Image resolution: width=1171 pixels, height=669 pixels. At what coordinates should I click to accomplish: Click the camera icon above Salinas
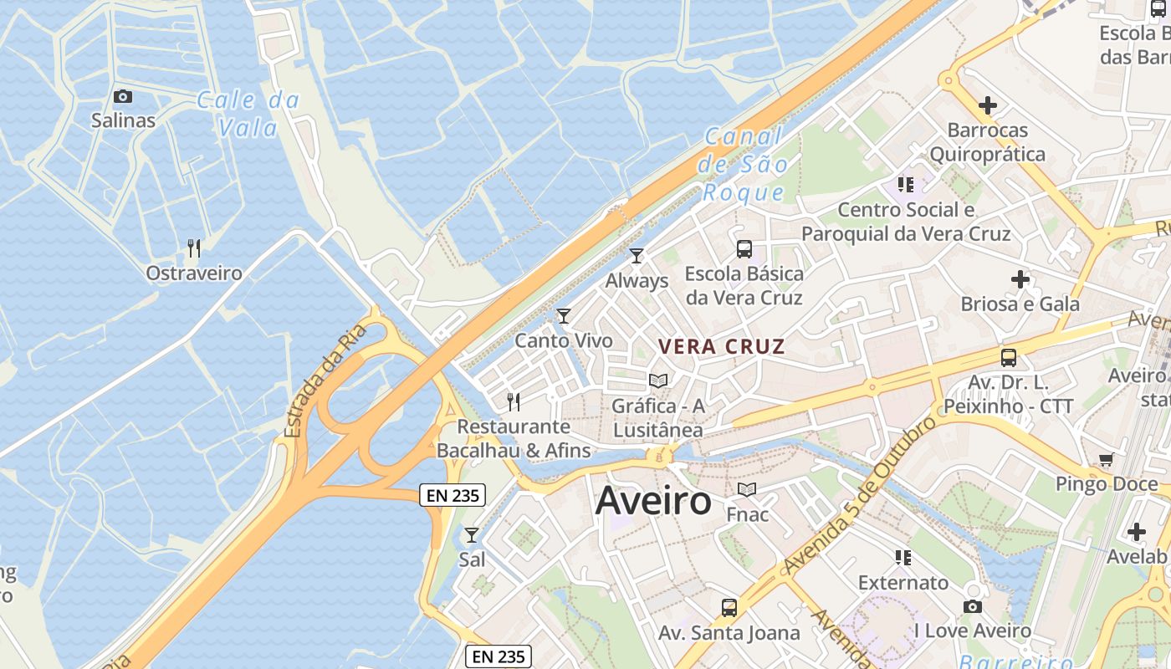coord(123,96)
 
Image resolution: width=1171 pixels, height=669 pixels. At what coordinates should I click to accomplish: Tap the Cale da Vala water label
coord(248,114)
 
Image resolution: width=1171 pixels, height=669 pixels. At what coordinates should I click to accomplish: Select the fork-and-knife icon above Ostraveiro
coord(194,248)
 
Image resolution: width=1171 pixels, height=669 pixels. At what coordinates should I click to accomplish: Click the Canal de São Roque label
coord(744,164)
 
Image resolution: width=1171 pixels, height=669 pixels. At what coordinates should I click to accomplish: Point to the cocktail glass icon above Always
coord(637,255)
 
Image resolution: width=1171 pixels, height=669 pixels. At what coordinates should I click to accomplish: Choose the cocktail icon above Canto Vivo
coord(564,315)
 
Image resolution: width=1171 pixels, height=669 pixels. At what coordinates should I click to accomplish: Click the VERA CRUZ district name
coord(721,346)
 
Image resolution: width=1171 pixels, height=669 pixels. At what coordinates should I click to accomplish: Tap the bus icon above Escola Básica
coord(744,248)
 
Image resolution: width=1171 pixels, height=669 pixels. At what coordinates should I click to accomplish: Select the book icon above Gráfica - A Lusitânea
coord(658,380)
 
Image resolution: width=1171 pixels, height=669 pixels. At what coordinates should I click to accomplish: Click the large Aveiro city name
coord(653,501)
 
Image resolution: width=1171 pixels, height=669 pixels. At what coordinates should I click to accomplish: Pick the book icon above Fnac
coord(747,489)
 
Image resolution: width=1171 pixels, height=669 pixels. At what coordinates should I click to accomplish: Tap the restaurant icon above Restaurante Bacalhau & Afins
coord(514,401)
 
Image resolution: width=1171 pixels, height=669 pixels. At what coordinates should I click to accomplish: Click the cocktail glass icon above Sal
coord(472,534)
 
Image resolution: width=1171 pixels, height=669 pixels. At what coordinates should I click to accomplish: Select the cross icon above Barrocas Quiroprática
coord(988,105)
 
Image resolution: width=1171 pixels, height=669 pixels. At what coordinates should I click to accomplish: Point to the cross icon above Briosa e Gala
coord(1020,278)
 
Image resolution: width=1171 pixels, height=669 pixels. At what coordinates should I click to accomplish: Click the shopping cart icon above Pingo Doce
coord(1107,459)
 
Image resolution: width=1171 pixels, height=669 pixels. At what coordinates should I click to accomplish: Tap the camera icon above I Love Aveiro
coord(972,606)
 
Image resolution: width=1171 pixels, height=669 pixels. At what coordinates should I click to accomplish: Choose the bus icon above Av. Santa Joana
coord(729,607)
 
